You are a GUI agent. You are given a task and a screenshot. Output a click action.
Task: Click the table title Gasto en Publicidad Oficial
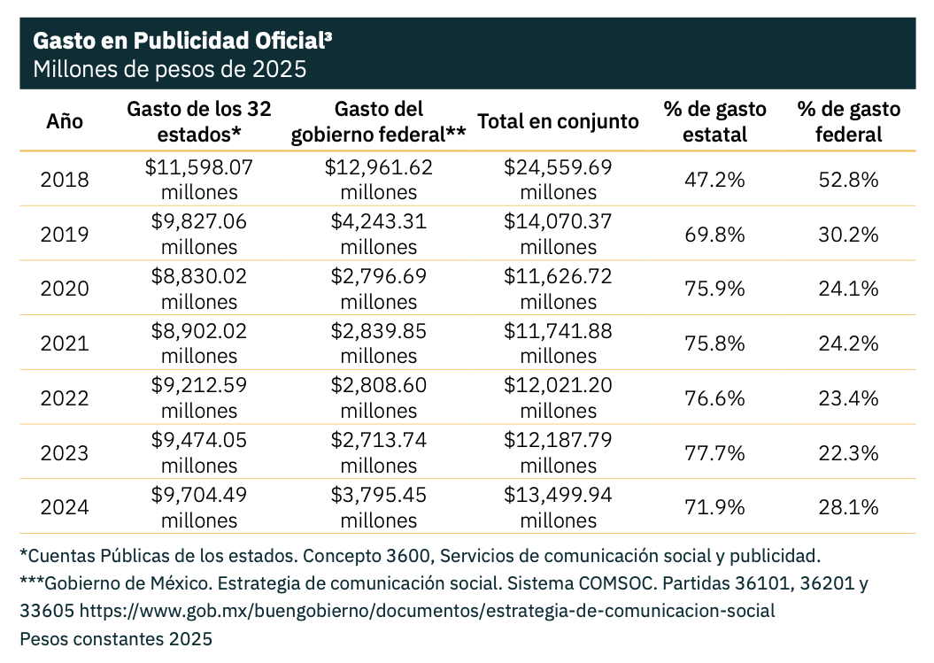182,41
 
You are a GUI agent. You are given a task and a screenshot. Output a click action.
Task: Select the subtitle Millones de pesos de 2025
169,69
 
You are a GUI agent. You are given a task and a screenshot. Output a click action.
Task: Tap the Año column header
65,121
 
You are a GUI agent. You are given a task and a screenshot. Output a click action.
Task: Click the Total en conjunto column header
558,121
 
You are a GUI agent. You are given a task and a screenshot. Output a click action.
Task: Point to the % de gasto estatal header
715,121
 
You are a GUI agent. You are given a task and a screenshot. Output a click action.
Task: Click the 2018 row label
65,180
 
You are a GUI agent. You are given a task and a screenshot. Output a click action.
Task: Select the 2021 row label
65,343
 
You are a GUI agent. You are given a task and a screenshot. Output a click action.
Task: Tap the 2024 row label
65,507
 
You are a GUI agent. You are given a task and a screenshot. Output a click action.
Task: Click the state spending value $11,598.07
199,167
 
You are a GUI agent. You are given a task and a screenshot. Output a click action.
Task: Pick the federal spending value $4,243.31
379,222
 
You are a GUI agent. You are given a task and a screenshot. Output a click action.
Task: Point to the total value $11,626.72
558,276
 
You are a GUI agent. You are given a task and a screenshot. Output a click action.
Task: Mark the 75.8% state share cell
715,343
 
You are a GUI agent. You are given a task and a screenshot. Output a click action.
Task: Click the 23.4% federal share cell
848,398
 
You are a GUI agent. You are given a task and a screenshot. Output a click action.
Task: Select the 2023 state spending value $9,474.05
199,440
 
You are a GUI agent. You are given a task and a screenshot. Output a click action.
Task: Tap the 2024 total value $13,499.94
558,495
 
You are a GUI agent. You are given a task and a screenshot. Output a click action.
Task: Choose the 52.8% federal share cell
848,180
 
